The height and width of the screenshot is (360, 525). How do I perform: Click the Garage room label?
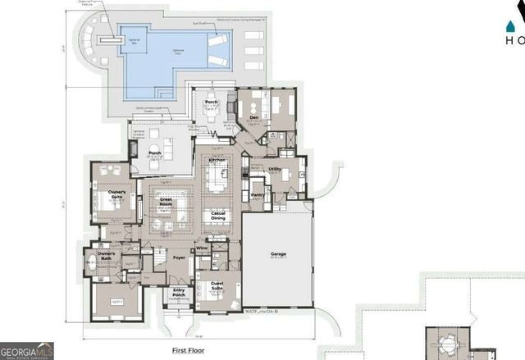click(x=278, y=254)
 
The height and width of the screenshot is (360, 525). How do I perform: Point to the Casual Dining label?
click(x=218, y=215)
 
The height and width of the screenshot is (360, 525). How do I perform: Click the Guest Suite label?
click(x=218, y=286)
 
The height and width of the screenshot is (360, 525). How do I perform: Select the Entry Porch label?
click(x=178, y=293)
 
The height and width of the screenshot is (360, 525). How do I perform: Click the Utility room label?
click(x=275, y=170)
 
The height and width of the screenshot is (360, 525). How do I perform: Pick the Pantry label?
click(x=258, y=195)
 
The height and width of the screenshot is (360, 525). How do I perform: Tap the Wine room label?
click(x=201, y=247)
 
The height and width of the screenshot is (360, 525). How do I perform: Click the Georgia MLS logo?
click(x=27, y=350)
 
